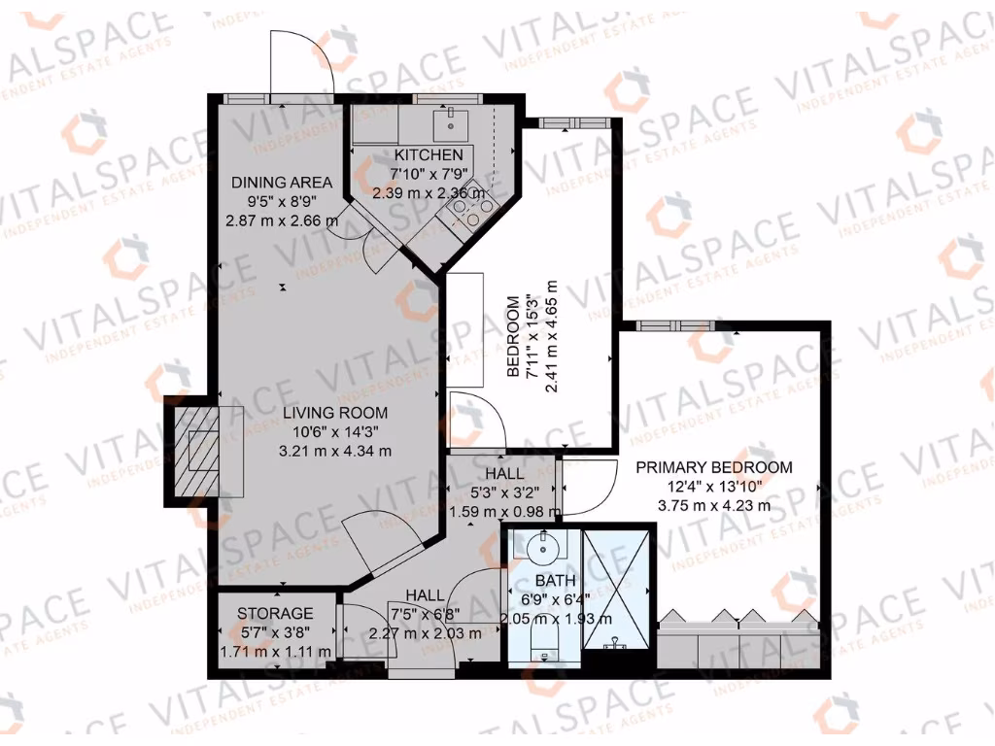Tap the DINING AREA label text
tap(282, 183)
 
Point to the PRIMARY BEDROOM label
tap(713, 467)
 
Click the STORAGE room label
tap(276, 614)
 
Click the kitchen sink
tap(449, 122)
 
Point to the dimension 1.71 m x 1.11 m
tap(276, 652)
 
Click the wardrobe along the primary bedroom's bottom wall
tap(738, 641)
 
